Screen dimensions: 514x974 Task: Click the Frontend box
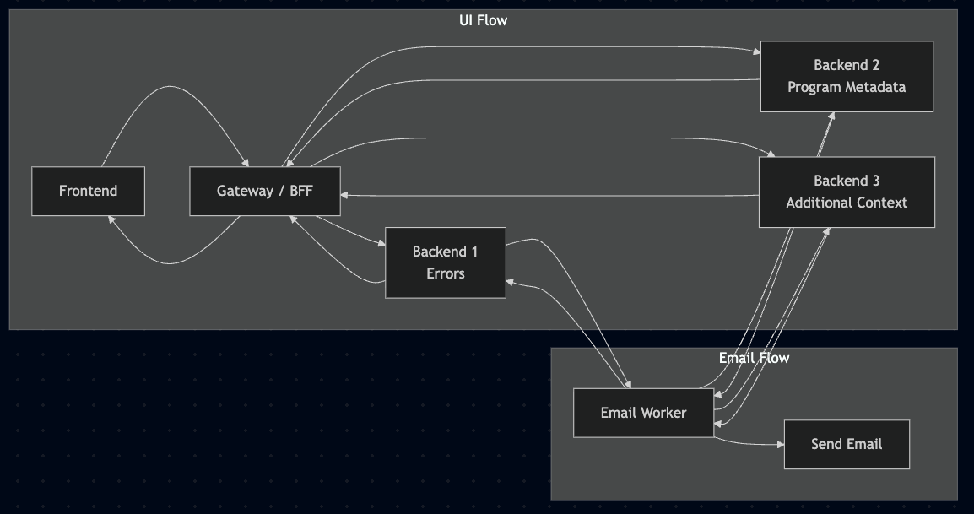88,191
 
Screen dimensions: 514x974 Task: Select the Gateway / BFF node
264,191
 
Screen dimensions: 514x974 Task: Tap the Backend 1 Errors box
445,262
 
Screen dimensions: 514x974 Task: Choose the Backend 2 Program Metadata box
846,76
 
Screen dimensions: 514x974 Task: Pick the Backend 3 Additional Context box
846,192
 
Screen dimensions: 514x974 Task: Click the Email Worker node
643,413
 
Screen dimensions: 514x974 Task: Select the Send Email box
846,444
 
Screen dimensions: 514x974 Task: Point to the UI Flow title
483,19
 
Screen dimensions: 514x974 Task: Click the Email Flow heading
754,358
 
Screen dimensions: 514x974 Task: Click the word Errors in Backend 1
445,273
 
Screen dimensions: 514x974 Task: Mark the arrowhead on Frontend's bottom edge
110,220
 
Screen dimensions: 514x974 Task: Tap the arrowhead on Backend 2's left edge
755,52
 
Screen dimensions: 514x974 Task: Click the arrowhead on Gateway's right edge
345,196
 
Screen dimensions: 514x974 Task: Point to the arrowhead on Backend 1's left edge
380,244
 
